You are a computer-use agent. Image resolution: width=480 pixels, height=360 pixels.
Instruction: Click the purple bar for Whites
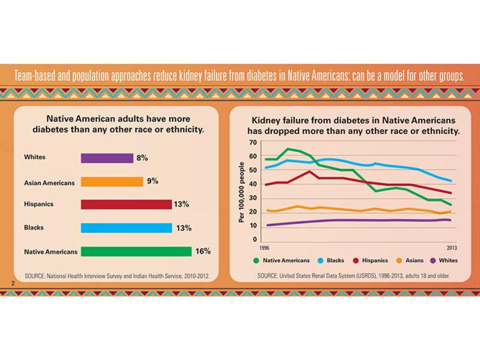[107, 158]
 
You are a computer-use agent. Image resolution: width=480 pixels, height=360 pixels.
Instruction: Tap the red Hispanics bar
[126, 204]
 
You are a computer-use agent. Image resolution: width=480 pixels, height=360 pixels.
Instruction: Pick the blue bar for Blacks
[126, 228]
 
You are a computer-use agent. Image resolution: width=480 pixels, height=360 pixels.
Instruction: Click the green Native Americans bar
[136, 251]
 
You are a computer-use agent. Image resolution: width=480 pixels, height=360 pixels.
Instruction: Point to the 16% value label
[202, 251]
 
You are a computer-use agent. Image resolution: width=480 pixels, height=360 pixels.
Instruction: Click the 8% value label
[142, 158]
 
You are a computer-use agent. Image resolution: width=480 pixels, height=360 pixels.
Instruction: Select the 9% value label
[153, 181]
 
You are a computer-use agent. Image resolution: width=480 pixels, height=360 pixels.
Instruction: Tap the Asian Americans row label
[49, 183]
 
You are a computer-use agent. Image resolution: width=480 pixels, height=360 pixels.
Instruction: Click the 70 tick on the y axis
[253, 143]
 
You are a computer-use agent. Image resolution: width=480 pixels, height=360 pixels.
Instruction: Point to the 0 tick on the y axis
[255, 239]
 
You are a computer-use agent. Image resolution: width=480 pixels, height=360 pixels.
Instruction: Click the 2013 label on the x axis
[452, 246]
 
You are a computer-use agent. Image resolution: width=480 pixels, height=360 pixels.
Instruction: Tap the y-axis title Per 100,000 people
[242, 191]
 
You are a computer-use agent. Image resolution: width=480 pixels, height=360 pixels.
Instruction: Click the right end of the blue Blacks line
[451, 181]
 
